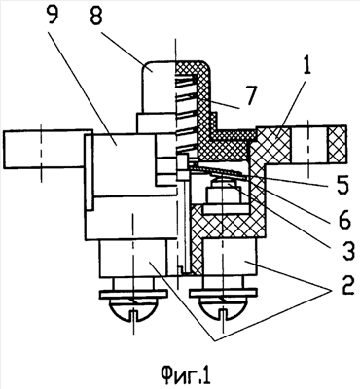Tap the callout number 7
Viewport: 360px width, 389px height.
click(x=250, y=96)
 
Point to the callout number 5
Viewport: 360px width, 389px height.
click(x=341, y=183)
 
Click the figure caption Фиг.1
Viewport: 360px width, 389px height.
click(x=186, y=376)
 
